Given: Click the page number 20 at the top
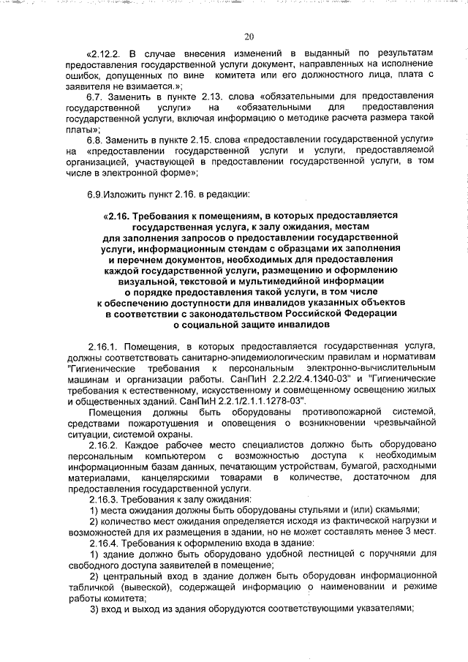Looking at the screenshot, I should point(249,37).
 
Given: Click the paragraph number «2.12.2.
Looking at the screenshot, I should point(107,54).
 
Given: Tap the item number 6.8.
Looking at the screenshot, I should point(97,140).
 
